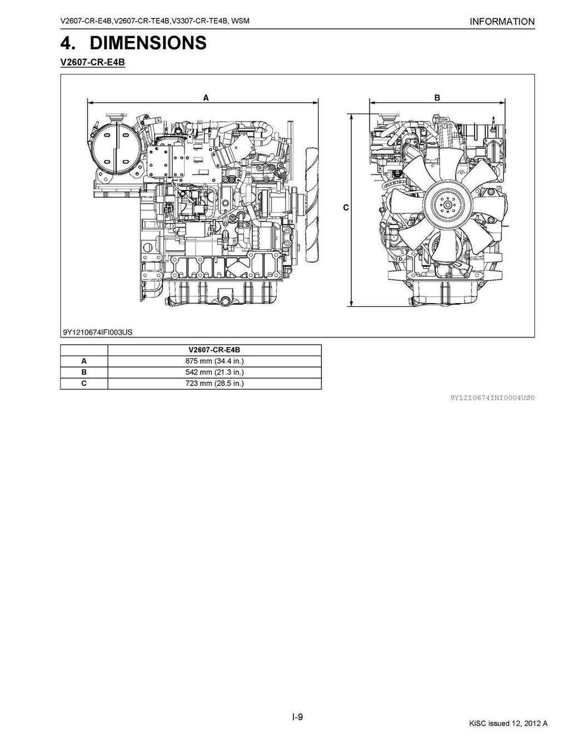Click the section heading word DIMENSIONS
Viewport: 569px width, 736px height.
point(148,43)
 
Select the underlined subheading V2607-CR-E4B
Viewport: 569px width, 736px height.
point(93,63)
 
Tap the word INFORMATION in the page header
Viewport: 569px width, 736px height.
point(502,22)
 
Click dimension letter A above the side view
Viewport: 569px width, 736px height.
point(206,98)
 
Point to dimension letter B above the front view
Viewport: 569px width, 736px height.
point(437,98)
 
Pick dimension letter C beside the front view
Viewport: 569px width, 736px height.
point(346,208)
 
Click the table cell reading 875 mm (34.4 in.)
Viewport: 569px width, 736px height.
point(214,361)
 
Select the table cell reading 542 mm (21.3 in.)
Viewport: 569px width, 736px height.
point(214,372)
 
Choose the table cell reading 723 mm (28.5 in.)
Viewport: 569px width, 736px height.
point(214,383)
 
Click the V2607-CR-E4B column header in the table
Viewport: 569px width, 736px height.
point(214,350)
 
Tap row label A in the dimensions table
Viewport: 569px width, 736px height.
point(83,361)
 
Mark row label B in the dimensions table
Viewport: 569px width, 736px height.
point(83,372)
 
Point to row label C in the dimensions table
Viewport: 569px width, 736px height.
point(83,383)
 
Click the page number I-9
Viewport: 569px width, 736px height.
point(298,717)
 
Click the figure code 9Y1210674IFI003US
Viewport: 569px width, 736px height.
point(98,332)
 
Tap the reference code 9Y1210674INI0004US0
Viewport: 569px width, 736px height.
point(492,397)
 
